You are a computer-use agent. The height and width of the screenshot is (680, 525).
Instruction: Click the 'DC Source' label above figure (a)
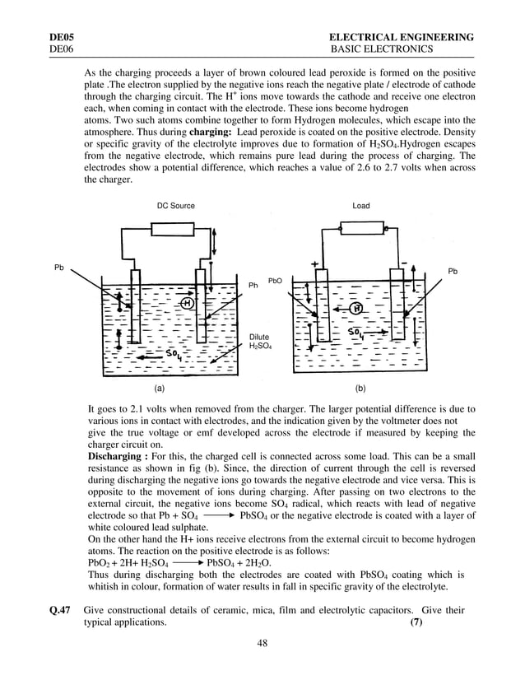coord(175,206)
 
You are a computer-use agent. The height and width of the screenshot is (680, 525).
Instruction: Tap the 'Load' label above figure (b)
coord(360,206)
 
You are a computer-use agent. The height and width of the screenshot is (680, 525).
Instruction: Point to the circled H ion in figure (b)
coord(355,308)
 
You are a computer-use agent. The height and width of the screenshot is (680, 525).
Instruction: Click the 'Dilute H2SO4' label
coord(259,342)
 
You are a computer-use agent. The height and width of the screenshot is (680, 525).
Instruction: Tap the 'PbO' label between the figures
coord(276,281)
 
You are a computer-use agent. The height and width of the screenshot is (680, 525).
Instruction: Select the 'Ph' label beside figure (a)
coord(253,286)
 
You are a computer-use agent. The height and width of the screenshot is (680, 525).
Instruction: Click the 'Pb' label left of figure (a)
coord(59,268)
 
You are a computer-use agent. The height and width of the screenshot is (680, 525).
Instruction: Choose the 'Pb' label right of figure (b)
coord(453,271)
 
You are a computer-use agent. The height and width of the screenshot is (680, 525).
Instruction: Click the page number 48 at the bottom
coord(262,643)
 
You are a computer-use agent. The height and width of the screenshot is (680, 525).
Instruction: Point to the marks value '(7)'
coord(416,622)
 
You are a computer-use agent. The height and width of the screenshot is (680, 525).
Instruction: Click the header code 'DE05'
coord(63,37)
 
